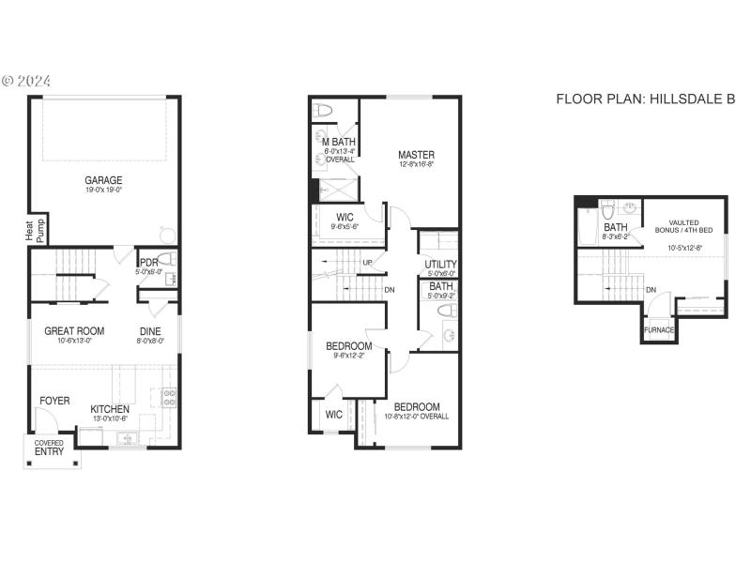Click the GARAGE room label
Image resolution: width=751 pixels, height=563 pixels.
pyautogui.click(x=103, y=180)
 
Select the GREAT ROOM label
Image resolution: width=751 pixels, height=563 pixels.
pyautogui.click(x=74, y=330)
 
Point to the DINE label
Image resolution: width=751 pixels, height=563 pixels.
pyautogui.click(x=151, y=330)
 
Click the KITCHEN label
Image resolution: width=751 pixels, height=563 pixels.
pyautogui.click(x=110, y=409)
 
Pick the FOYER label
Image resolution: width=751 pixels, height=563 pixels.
pyautogui.click(x=54, y=401)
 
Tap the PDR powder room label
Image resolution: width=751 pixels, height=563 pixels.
pyautogui.click(x=148, y=263)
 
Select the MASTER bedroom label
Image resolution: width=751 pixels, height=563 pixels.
pyautogui.click(x=416, y=155)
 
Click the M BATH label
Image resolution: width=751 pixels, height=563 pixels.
pyautogui.click(x=338, y=142)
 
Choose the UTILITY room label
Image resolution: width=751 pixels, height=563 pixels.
pyautogui.click(x=440, y=264)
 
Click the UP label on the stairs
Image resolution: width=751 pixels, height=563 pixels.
pyautogui.click(x=369, y=262)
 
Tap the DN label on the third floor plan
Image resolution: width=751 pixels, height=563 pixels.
pyautogui.click(x=651, y=289)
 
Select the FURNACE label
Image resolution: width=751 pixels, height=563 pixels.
pyautogui.click(x=659, y=329)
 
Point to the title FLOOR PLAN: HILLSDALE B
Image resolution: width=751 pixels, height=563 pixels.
pyautogui.click(x=645, y=99)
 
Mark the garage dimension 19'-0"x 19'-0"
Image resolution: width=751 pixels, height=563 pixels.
pyautogui.click(x=103, y=190)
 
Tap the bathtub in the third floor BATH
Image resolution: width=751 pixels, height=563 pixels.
pyautogui.click(x=586, y=225)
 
